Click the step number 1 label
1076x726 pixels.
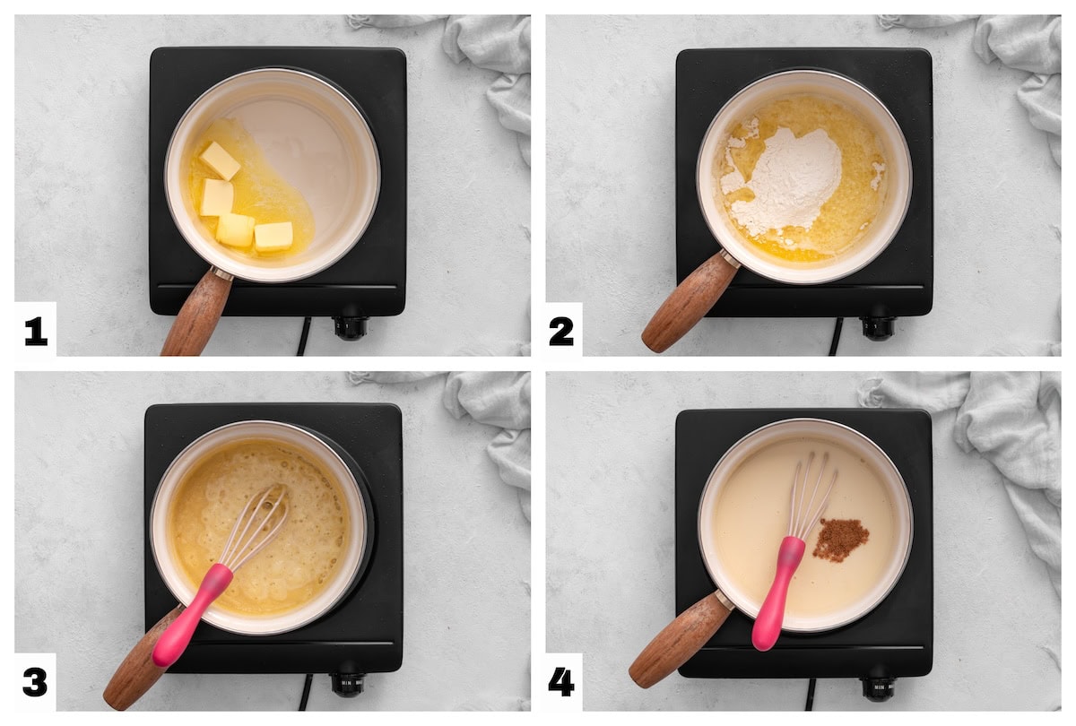pos(35,332)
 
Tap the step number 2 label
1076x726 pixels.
pos(561,332)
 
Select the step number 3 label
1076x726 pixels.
pos(35,683)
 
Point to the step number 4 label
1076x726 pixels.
pos(561,683)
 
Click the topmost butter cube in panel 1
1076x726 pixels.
pos(220,160)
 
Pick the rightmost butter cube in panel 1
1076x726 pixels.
pos(273,237)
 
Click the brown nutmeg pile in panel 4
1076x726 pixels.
pos(840,540)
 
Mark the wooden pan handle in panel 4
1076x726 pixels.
pos(679,640)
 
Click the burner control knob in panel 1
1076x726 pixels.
pos(351,326)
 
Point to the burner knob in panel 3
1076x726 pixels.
pos(347,684)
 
